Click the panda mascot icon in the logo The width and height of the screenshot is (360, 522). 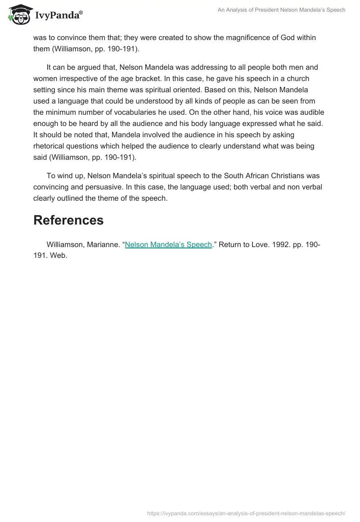click(x=18, y=15)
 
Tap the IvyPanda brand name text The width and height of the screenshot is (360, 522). click(x=58, y=16)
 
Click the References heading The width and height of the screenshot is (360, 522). click(x=68, y=220)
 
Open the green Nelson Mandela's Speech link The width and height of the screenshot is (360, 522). click(x=168, y=245)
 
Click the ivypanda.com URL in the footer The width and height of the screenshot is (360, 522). click(x=246, y=513)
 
